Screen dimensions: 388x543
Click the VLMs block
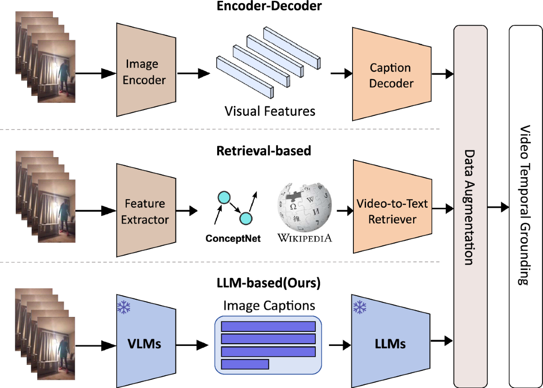click(x=145, y=344)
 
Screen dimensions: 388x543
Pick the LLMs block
click(x=391, y=344)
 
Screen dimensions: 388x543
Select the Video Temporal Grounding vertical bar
click(x=525, y=206)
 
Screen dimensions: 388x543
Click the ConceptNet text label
click(x=233, y=239)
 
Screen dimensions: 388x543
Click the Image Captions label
click(x=269, y=305)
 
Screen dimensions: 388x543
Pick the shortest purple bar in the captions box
click(x=245, y=364)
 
